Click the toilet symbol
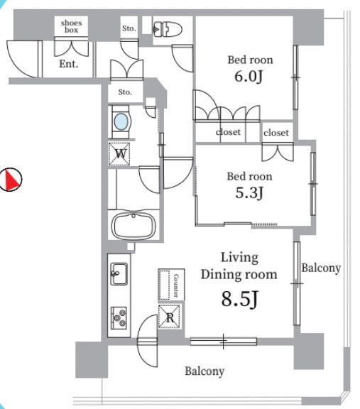pos(167,29)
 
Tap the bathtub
pos(133,226)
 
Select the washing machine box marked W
pos(119,153)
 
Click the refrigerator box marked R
pos(170,317)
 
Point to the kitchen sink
pos(119,273)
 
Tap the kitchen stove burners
pos(119,317)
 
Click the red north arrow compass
pos(11,179)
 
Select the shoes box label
pos(71,26)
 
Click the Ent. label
pos(69,64)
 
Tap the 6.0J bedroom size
pos(249,77)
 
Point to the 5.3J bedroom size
pos(249,193)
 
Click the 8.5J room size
pos(240,299)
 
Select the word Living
pos(239,258)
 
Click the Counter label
pos(176,285)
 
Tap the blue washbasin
pos(121,121)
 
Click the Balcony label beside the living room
pos(321,268)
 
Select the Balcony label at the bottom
pos(204,371)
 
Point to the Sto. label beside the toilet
pos(129,28)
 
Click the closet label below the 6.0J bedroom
pos(228,132)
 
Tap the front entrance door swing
pos(24,59)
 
